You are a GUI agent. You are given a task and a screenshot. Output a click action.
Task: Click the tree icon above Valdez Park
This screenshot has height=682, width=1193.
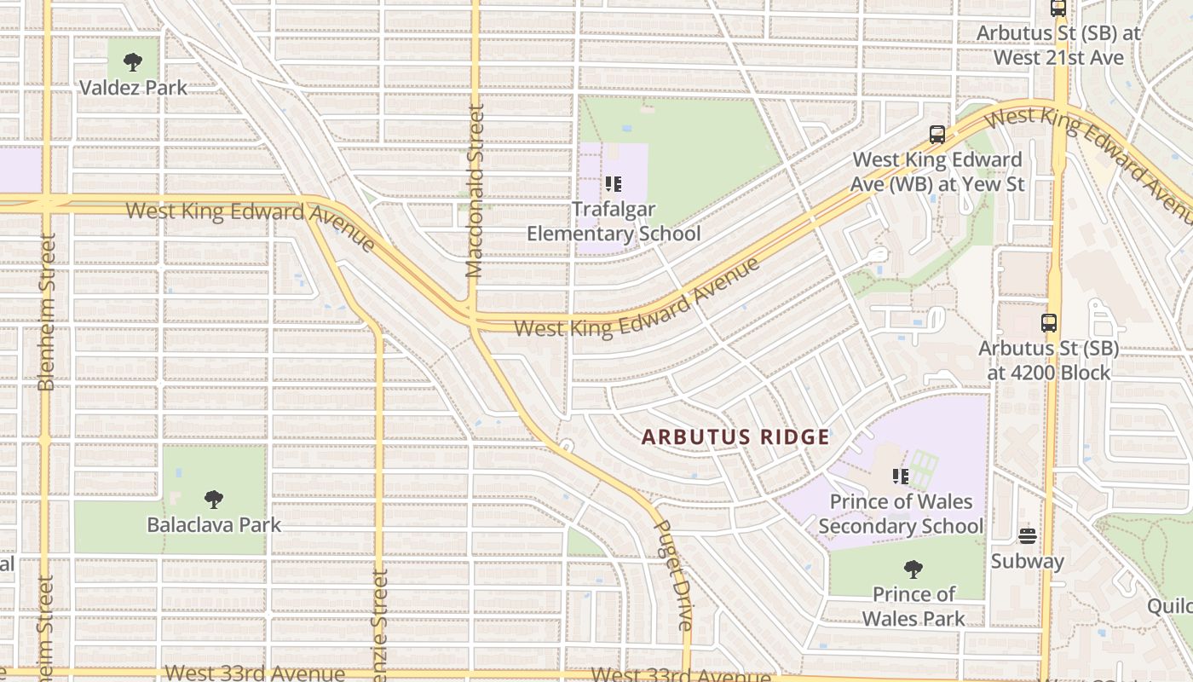(132, 61)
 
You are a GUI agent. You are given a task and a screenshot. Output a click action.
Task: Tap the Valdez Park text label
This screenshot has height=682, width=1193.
(133, 87)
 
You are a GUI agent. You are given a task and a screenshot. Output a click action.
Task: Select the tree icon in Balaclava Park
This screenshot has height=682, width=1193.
(214, 499)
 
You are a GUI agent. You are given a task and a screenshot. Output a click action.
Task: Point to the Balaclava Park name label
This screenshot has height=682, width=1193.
(214, 524)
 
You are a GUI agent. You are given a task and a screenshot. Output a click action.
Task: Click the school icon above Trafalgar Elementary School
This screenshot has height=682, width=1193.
(614, 183)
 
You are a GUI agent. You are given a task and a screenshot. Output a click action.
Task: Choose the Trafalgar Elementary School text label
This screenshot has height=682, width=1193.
(614, 222)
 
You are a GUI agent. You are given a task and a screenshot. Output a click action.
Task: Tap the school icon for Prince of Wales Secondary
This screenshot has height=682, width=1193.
(901, 476)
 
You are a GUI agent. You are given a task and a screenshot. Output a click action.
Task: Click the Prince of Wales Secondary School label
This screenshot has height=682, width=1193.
(901, 514)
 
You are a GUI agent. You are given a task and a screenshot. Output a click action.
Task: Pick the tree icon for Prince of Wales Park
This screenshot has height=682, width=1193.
(913, 569)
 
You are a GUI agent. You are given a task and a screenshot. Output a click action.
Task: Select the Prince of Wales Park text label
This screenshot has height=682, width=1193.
(913, 605)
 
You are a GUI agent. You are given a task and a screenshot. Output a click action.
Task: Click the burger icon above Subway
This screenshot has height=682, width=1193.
(1028, 536)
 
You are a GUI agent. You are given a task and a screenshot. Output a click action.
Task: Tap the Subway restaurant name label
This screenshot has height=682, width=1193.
(1028, 561)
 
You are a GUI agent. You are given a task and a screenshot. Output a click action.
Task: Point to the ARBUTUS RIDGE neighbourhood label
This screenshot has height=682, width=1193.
(735, 437)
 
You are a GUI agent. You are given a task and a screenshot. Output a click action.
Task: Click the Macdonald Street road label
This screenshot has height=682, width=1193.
(475, 191)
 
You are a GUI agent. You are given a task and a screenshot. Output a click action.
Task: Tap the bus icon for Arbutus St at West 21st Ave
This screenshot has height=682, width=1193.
(1058, 9)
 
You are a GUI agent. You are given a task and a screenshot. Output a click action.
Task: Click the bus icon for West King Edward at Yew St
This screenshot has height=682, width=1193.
(937, 134)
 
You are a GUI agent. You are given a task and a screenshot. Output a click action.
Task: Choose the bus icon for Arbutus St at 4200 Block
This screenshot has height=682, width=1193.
(1049, 323)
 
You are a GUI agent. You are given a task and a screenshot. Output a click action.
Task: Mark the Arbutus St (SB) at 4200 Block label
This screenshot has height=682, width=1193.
(1049, 361)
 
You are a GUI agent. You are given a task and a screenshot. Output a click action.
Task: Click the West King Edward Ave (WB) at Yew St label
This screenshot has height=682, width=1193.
(937, 171)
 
